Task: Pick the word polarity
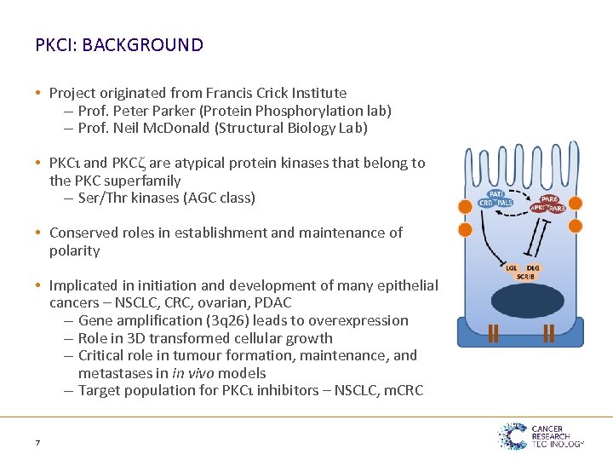click(75, 250)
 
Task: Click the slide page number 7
click(37, 442)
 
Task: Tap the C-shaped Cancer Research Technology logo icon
click(513, 436)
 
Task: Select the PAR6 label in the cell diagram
click(549, 199)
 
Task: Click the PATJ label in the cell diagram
click(496, 193)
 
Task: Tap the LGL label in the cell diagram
click(511, 267)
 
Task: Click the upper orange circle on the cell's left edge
click(465, 205)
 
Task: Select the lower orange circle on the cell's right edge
click(576, 226)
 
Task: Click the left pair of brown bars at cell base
click(493, 333)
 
